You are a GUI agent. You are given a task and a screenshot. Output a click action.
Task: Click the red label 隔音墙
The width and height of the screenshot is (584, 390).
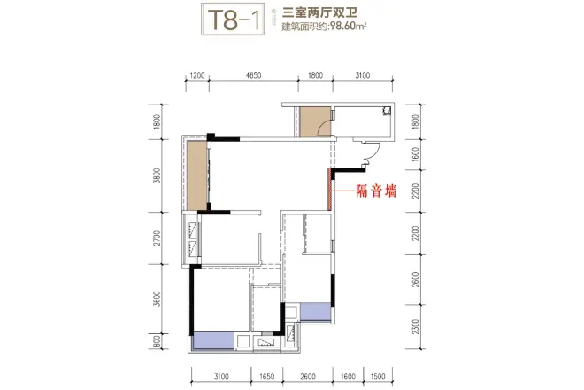(x=375, y=188)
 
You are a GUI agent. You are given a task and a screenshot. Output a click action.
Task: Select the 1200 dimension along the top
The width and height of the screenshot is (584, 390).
(x=196, y=77)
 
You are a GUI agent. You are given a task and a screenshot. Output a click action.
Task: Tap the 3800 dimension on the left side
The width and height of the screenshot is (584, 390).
(x=157, y=174)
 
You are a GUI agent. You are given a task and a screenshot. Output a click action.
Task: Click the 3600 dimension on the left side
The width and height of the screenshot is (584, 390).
(x=157, y=298)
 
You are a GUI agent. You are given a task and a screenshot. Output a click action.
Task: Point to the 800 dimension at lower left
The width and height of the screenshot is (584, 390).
(x=157, y=340)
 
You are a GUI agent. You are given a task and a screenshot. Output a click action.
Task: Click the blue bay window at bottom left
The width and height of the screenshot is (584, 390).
(x=212, y=339)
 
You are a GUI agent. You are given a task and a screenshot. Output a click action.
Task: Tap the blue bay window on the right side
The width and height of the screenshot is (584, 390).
(x=316, y=310)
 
